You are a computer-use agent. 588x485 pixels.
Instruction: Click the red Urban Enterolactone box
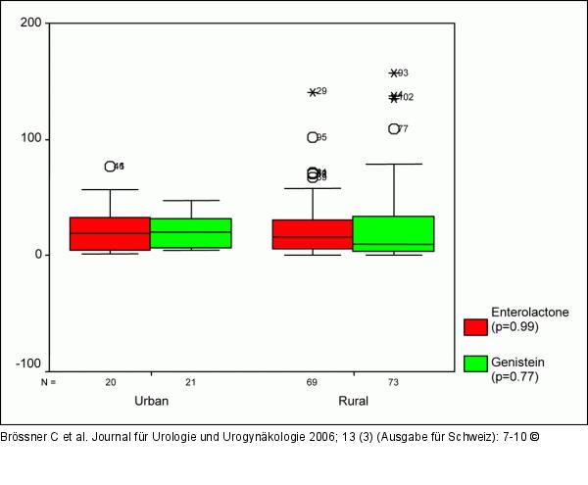(110, 234)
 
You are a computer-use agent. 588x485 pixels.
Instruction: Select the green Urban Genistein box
(191, 233)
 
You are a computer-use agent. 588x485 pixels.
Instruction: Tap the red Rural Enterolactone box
(313, 234)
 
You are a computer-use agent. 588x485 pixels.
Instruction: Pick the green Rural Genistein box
(393, 234)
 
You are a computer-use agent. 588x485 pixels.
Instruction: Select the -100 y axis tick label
(32, 365)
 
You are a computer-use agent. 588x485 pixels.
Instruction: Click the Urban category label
(150, 402)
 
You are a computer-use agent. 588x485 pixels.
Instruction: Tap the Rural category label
(353, 402)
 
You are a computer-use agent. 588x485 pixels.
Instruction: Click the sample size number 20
(110, 381)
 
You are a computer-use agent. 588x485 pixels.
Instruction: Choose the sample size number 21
(191, 381)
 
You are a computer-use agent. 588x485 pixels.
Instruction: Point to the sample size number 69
(313, 381)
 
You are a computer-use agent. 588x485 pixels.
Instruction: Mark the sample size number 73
(393, 381)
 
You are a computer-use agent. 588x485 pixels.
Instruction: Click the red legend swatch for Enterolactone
(475, 326)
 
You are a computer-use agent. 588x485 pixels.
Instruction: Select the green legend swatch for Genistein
(475, 364)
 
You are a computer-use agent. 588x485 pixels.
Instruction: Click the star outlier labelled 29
(313, 92)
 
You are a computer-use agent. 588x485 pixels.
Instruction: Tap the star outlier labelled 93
(394, 73)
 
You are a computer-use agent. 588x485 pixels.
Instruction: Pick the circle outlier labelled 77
(394, 129)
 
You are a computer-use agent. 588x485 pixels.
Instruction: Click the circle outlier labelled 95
(313, 138)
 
